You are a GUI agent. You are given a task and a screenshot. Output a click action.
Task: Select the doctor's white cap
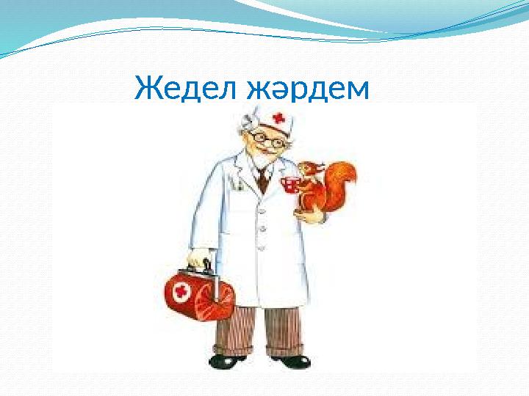(x=268, y=116)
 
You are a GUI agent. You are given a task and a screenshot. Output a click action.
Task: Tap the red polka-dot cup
(x=291, y=184)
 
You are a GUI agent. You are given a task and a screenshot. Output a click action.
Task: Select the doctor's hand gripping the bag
(x=198, y=258)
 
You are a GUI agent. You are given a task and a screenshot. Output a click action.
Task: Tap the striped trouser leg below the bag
(x=234, y=330)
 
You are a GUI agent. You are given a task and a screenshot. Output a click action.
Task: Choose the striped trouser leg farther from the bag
(x=285, y=330)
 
